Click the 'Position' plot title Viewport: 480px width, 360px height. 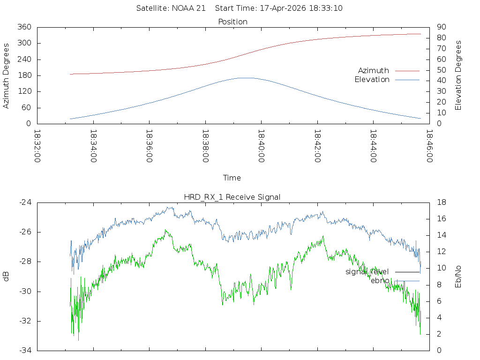pos(233,22)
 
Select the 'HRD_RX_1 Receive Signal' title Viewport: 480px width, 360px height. pos(233,197)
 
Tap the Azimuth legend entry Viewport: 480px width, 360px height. pos(374,70)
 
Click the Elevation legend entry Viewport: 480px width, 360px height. pos(372,80)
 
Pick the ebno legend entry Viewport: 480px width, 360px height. pos(380,280)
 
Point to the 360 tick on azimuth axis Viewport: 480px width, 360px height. pos(24,27)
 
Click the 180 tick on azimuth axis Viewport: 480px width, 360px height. pos(24,75)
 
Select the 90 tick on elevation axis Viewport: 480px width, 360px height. pos(441,27)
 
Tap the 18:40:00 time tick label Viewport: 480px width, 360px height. pos(261,146)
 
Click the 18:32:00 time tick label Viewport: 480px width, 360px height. pos(37,146)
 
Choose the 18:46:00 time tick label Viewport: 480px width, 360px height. pos(429,146)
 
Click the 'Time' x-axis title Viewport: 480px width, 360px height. pos(232,178)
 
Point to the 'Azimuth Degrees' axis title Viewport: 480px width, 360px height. pos(7,75)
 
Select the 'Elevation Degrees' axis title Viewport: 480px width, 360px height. pos(458,75)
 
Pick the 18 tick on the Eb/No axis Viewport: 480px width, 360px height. pos(441,202)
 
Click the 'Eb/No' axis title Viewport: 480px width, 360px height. pos(458,277)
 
